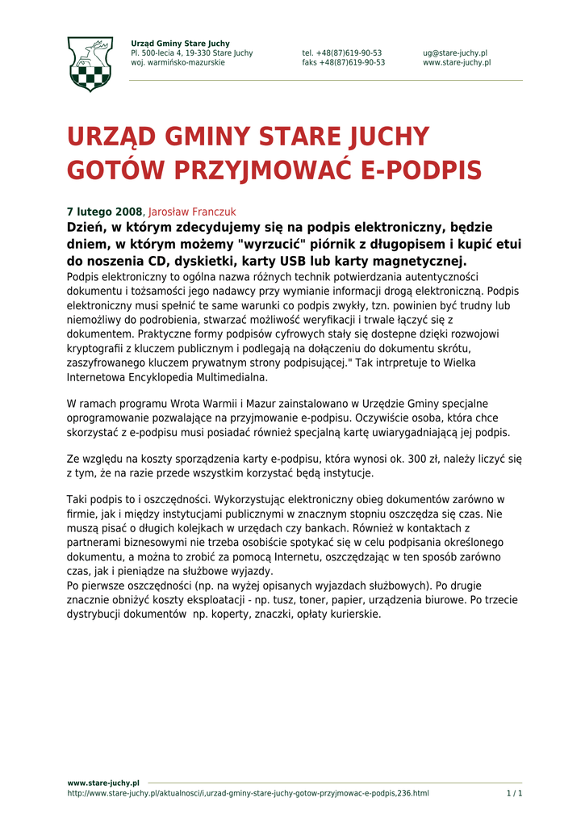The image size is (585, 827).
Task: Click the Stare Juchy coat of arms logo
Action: [90, 65]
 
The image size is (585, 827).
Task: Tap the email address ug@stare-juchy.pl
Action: [454, 53]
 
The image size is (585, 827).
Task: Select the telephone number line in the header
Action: [342, 53]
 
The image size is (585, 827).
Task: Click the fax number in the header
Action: [344, 63]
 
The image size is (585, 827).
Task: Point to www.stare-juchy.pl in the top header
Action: [457, 63]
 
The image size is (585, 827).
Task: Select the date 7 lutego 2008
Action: [104, 212]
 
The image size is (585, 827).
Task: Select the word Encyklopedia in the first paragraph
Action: [162, 377]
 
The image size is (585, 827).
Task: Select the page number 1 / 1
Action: [514, 793]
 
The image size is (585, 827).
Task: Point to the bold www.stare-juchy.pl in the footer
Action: [103, 783]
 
